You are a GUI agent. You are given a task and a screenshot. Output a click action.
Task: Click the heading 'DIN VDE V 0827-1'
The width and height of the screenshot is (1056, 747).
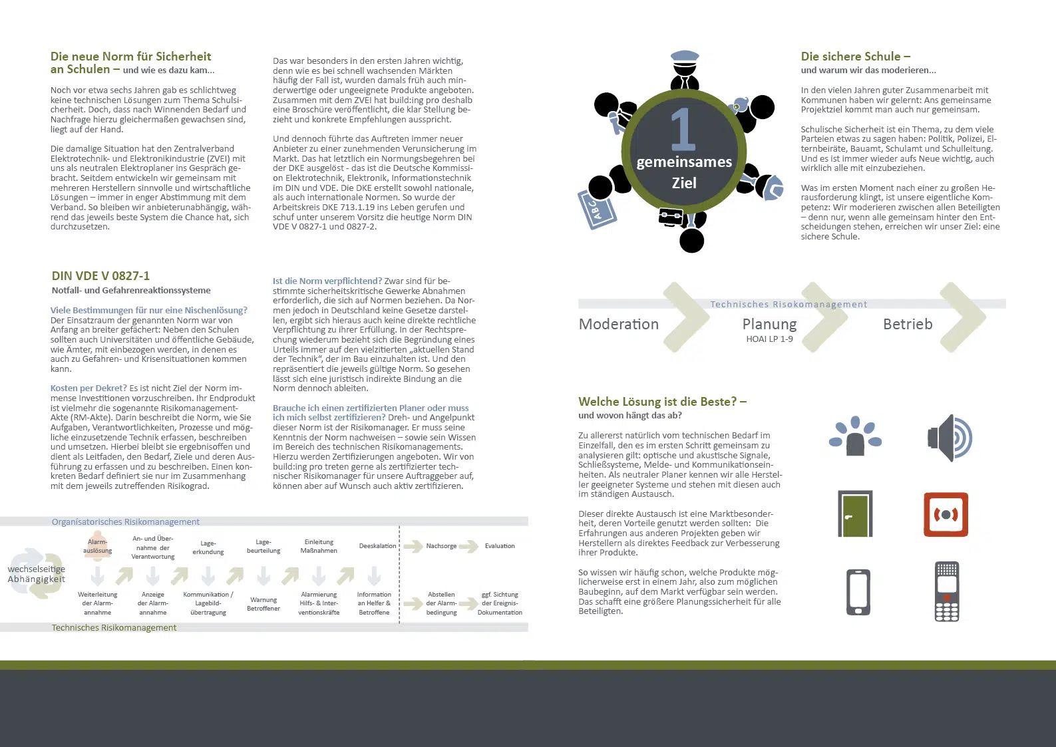point(100,275)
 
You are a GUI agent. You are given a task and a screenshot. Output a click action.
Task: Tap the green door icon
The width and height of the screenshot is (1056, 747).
point(855,514)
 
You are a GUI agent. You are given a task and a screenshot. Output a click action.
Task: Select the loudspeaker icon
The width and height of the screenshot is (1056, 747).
point(950,438)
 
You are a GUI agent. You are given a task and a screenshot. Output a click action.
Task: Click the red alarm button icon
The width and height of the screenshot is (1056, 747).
point(946,514)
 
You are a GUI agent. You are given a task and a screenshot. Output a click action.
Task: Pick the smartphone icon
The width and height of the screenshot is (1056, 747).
point(858,592)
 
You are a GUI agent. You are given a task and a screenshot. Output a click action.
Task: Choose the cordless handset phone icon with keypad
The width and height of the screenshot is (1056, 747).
point(946,591)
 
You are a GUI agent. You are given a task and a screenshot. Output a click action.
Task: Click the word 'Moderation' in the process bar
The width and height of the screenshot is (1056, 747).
point(618,324)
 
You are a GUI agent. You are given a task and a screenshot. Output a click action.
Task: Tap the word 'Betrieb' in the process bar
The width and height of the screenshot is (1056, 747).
point(907,324)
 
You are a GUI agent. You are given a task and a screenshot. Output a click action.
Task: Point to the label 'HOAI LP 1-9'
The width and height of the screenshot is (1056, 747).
point(769,339)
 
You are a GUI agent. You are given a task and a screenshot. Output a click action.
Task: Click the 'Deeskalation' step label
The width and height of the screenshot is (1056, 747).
point(377,546)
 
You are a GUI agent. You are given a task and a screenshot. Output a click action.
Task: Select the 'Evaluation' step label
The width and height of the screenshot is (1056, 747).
point(500,546)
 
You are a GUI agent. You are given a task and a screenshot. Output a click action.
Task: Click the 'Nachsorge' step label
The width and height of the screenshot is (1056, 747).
point(441,546)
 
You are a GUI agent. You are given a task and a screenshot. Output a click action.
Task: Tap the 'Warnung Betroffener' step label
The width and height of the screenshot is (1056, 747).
point(264,604)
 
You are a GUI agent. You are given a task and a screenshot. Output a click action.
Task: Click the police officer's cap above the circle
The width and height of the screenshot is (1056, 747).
point(685,57)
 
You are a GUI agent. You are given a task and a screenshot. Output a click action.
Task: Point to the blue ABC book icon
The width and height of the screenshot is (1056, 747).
point(596,210)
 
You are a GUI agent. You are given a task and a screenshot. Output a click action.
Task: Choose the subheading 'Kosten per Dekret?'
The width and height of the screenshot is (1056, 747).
point(88,388)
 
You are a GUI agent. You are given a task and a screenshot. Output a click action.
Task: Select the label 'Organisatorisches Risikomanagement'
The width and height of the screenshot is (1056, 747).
point(125,522)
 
